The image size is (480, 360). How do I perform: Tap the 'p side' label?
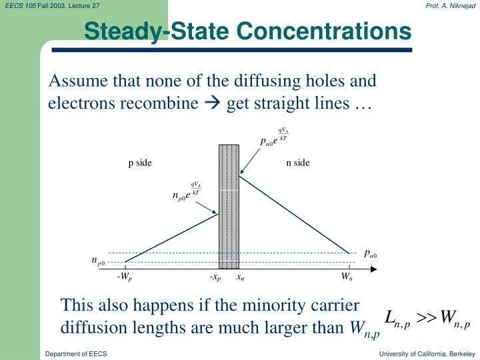pyautogui.click(x=140, y=163)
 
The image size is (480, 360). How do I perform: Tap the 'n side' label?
pyautogui.click(x=298, y=163)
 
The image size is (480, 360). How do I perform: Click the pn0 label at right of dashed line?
pyautogui.click(x=371, y=253)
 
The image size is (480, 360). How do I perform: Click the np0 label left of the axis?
pyautogui.click(x=98, y=261)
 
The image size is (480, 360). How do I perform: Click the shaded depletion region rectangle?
pyautogui.click(x=229, y=207)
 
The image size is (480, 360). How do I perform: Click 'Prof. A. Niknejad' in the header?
pyautogui.click(x=450, y=5)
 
